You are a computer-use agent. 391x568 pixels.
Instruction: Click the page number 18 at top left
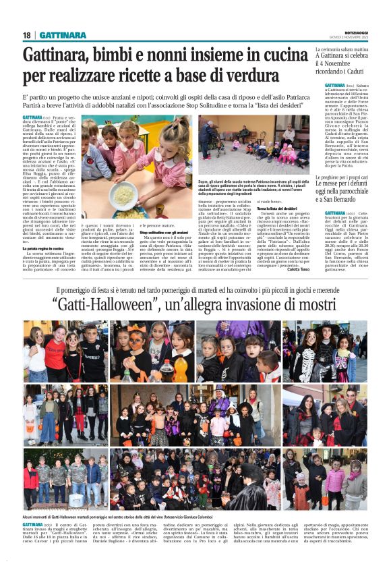pos(27,35)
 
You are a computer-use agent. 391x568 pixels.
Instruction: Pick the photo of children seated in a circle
pos(253,146)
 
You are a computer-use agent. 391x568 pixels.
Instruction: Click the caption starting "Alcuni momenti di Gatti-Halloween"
pos(81,514)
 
